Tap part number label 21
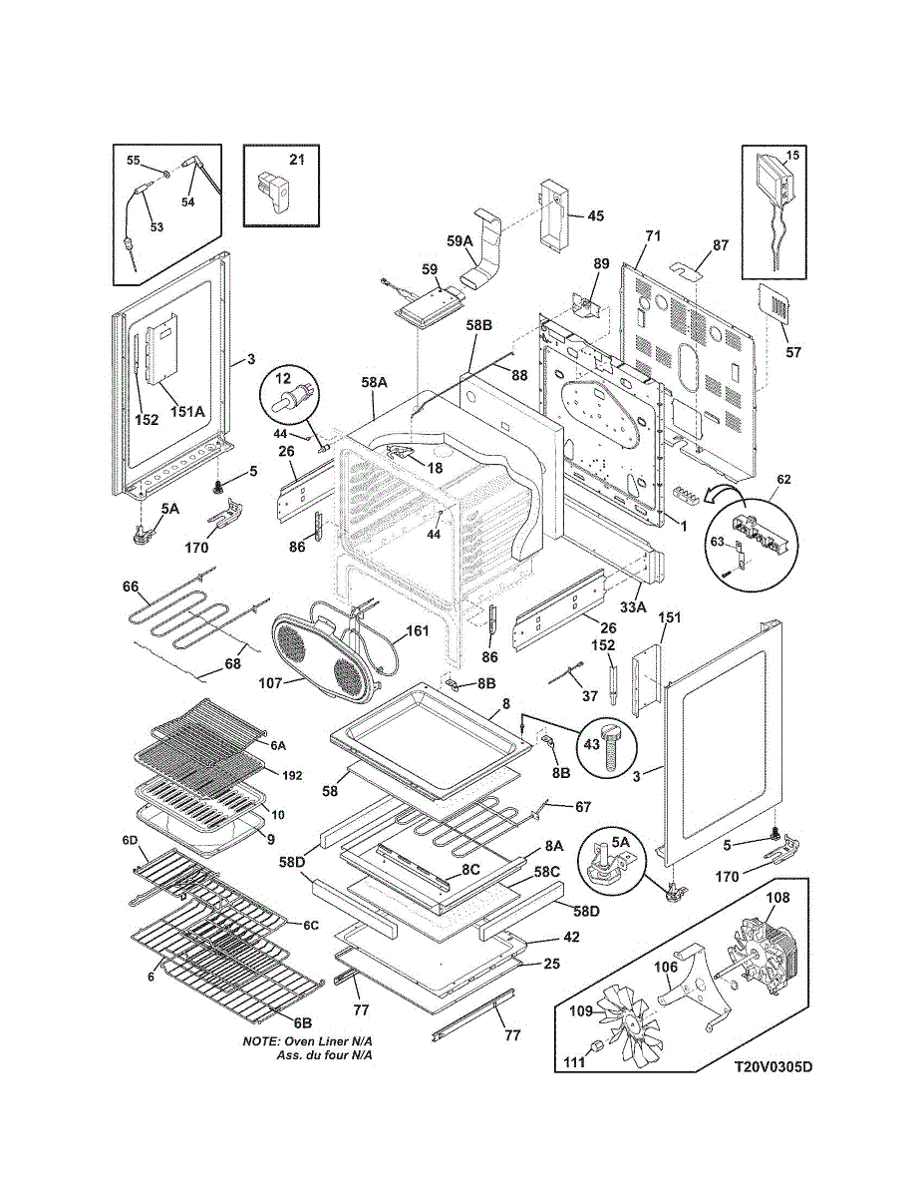(x=297, y=160)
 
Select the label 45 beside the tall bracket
(x=595, y=215)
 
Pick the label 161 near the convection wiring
(x=417, y=630)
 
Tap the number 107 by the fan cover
(x=271, y=683)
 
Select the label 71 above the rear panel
(x=653, y=236)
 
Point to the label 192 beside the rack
(x=292, y=776)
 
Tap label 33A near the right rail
(x=633, y=607)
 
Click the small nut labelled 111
(x=595, y=1047)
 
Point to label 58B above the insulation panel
(x=478, y=325)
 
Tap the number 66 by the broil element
(x=131, y=587)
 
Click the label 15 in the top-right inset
(x=791, y=156)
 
